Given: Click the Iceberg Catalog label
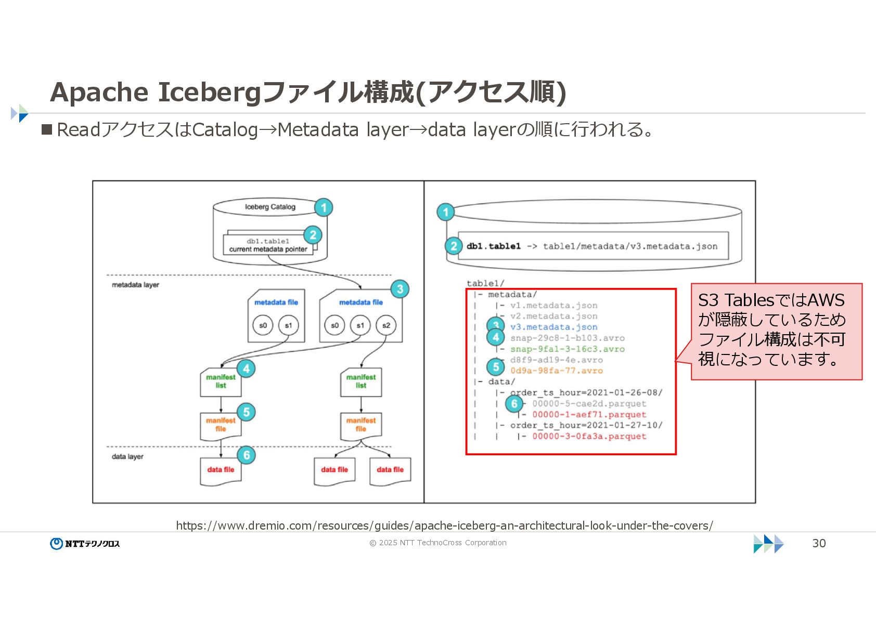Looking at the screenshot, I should pos(270,207).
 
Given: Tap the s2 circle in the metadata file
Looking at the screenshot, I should pos(386,325).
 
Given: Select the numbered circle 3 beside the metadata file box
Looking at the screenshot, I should pos(400,289).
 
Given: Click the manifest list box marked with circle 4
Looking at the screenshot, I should pos(221,382).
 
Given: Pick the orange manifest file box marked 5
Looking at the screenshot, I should pos(221,425).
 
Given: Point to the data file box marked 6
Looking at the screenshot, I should pos(221,470).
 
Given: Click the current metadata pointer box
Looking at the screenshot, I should pos(268,245).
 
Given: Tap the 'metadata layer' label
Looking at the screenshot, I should pos(135,285).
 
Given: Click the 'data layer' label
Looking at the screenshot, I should pos(127,457).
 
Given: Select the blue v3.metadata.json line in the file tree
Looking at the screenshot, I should pos(553,327).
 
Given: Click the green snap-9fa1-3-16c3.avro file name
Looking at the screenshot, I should pos(567,349).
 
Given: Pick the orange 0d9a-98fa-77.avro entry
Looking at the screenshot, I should pos(556,371).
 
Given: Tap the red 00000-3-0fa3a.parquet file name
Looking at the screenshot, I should pos(589,437).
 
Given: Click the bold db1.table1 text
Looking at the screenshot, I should pos(493,246).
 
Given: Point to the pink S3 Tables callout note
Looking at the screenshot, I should pos(776,331).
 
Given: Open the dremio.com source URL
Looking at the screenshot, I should pos(444,525).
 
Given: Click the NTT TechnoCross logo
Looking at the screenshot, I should pos(85,544).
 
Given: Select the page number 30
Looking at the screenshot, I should pos(819,543).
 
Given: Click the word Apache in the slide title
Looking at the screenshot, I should pos(99,92).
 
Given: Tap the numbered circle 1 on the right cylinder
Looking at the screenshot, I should pos(445,212).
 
